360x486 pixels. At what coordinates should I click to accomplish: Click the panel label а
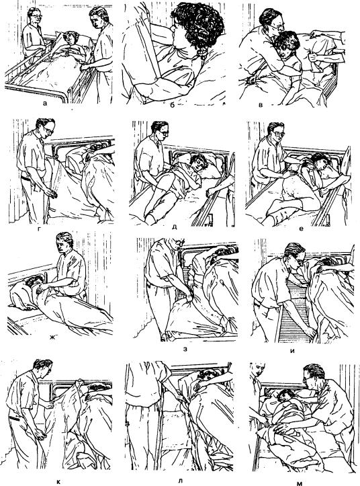pos(45,104)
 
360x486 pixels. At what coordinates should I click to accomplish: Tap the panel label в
pos(261,105)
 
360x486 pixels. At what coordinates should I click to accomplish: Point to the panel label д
pos(174,227)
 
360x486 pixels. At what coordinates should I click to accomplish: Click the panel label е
pos(301,229)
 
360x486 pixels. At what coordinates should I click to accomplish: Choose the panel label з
pos(185,350)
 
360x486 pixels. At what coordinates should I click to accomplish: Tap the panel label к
pos(59,481)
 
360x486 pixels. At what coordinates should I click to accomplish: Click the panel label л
pos(181,481)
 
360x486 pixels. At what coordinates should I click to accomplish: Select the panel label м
pos(300,483)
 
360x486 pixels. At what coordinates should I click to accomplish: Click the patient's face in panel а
pos(71,39)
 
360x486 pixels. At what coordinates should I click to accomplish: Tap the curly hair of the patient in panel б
pos(198,26)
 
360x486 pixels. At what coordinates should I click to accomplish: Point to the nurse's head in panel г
pos(45,127)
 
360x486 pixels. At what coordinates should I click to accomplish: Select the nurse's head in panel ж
pos(64,242)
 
